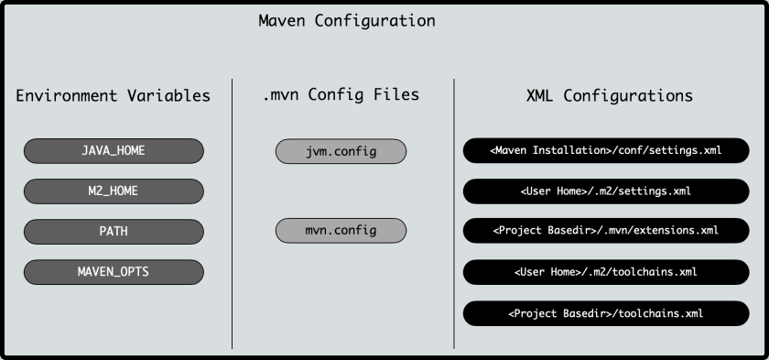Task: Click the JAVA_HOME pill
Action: coord(114,150)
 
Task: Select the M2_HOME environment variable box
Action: coord(114,191)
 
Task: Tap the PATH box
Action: coord(114,231)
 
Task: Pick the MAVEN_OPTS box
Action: coord(114,271)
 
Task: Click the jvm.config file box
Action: coord(341,150)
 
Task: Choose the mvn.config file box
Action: coord(341,231)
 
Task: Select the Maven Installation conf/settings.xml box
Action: coord(606,150)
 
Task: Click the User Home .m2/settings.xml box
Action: coord(606,191)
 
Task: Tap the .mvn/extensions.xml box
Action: coord(606,231)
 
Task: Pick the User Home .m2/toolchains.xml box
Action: coord(606,271)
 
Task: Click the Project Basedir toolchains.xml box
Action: coord(606,312)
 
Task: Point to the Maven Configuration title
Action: coord(347,21)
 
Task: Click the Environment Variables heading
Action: coord(114,95)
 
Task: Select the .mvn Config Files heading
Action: coord(341,94)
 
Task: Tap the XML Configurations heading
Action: coord(609,95)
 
